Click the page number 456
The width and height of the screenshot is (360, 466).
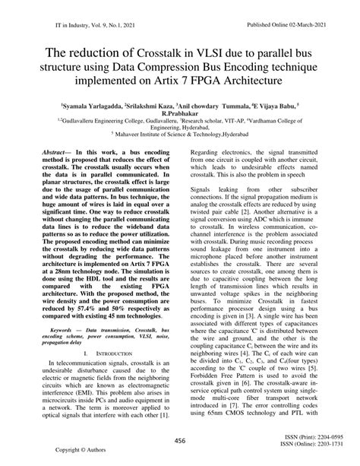coord(180,441)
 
